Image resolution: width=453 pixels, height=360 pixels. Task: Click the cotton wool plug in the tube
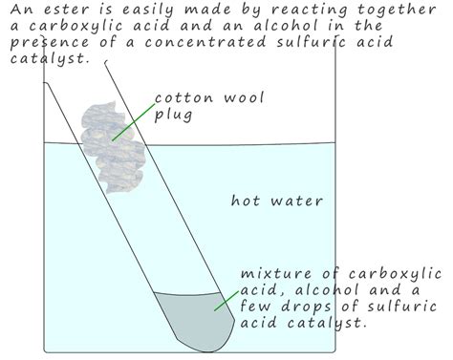114,139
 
